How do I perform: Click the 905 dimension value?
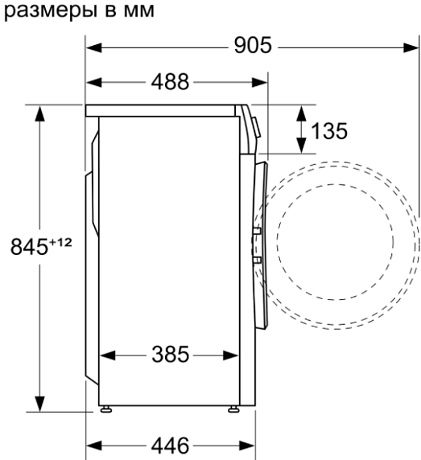point(253,46)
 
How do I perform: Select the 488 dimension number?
point(170,81)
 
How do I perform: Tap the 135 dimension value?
point(328,131)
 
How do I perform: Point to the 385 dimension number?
point(170,355)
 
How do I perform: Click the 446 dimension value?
point(170,446)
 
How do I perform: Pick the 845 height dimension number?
point(29,246)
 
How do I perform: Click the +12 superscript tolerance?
point(60,242)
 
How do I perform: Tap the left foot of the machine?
point(105,409)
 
